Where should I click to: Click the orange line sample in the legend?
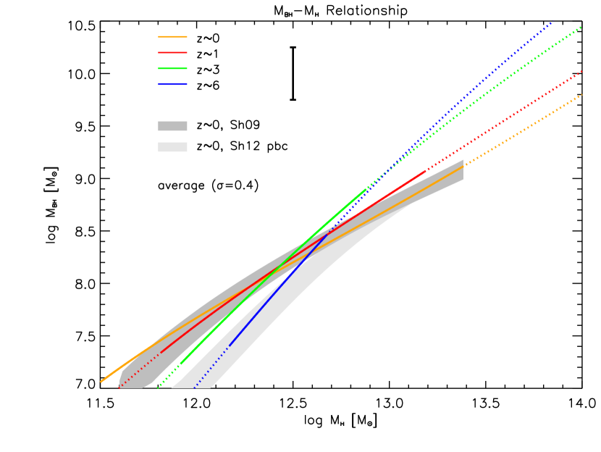(x=172, y=37)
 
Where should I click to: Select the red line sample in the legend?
(x=172, y=53)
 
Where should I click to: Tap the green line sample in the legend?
(x=172, y=69)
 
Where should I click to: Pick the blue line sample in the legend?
(x=172, y=85)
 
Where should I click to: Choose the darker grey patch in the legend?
(x=172, y=126)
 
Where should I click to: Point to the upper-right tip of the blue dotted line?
(x=553, y=22)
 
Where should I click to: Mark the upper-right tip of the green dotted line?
(x=581, y=28)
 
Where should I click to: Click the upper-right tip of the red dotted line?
(x=581, y=72)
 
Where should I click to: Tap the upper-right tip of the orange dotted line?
(x=581, y=95)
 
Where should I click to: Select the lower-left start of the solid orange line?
(x=101, y=382)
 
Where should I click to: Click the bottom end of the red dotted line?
(x=119, y=388)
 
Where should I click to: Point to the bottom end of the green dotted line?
(x=157, y=388)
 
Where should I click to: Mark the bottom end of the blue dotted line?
(x=193, y=388)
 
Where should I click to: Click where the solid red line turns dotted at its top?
(x=426, y=171)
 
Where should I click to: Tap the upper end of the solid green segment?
(x=366, y=189)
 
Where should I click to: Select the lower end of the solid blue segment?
(x=230, y=345)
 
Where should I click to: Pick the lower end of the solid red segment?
(x=161, y=353)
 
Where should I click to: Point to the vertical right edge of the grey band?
(x=463, y=170)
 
